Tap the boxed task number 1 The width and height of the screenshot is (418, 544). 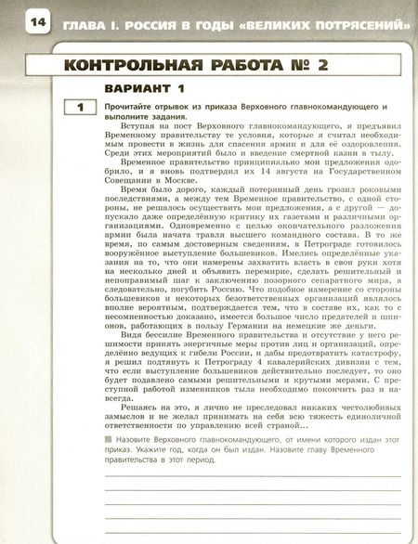[x=81, y=109]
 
